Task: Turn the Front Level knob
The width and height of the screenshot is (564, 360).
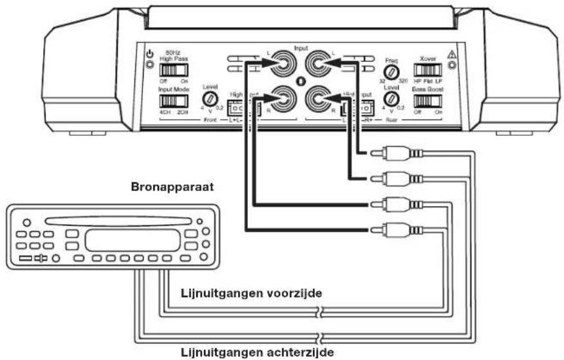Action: point(210,99)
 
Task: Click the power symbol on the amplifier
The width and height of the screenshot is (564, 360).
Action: point(149,54)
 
